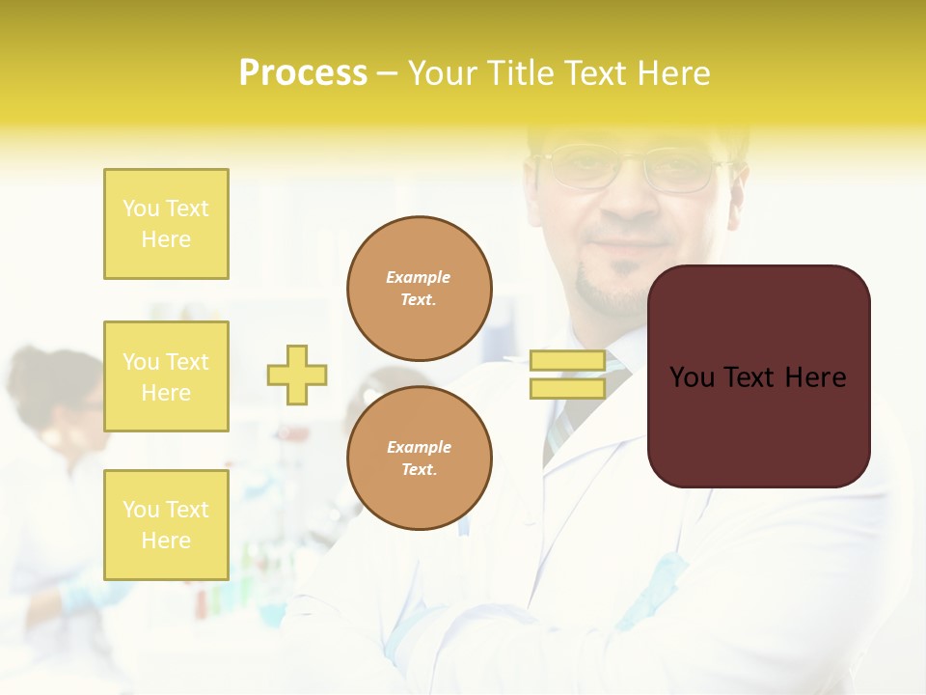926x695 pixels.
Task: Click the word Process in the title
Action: click(303, 73)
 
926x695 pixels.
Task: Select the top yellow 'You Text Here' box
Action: click(166, 224)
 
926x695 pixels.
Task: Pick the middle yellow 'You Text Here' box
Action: click(166, 376)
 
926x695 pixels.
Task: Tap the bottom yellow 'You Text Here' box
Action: click(166, 524)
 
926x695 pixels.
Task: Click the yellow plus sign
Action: click(297, 375)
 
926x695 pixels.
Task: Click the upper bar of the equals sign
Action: click(567, 361)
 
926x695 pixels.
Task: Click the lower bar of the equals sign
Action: click(567, 388)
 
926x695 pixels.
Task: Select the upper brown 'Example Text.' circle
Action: click(419, 288)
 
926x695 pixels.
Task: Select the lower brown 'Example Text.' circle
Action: click(419, 458)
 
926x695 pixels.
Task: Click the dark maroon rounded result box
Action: click(758, 425)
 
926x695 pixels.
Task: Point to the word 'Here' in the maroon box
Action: click(815, 377)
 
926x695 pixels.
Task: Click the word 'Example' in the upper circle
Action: click(419, 277)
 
